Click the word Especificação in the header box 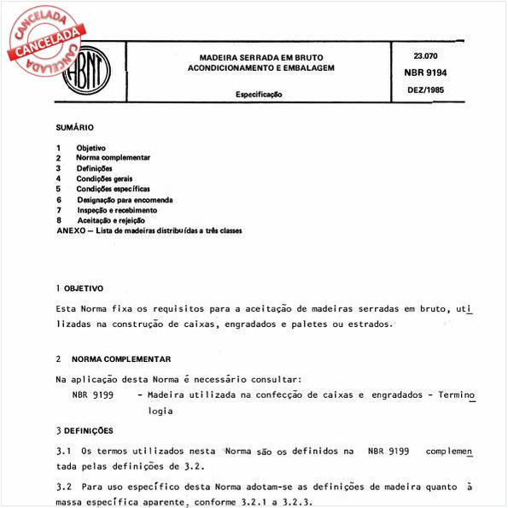point(260,94)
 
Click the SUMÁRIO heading point(74,127)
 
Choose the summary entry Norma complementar point(113,158)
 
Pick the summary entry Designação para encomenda point(124,200)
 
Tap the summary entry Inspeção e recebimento point(116,210)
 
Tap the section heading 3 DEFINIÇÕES point(84,430)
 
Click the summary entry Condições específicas point(113,189)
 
